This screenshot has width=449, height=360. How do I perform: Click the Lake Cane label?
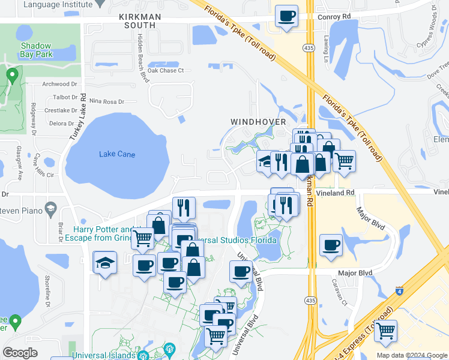pos(117,154)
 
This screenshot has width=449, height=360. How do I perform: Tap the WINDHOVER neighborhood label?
pos(258,122)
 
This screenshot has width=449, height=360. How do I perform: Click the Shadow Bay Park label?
pos(37,50)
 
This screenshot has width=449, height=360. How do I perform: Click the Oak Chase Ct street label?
pos(165,71)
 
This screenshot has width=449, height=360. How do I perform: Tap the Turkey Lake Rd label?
pos(77,118)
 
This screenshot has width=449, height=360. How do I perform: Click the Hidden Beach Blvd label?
pos(142,58)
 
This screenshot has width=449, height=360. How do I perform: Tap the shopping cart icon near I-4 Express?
pos(385,329)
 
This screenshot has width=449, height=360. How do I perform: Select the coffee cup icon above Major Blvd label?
pos(331,245)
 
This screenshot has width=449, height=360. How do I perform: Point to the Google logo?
pos(20,353)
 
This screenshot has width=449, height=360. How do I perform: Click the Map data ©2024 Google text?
pos(411,355)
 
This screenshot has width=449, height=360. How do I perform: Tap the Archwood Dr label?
pos(60,85)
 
